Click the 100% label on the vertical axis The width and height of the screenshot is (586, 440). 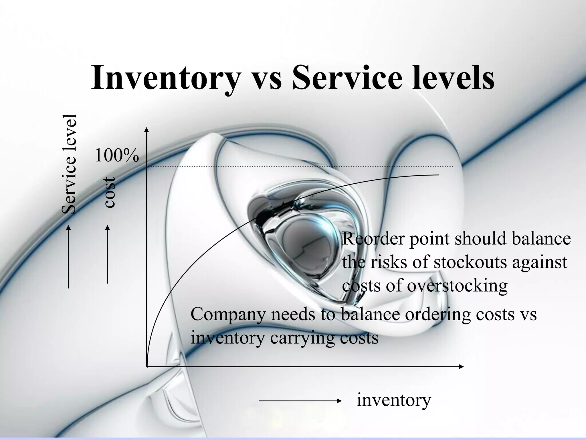(116, 156)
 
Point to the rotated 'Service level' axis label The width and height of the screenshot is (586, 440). (69, 164)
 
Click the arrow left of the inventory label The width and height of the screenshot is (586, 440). (300, 401)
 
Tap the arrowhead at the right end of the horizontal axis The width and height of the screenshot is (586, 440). (461, 366)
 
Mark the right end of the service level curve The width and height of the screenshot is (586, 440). (438, 175)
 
